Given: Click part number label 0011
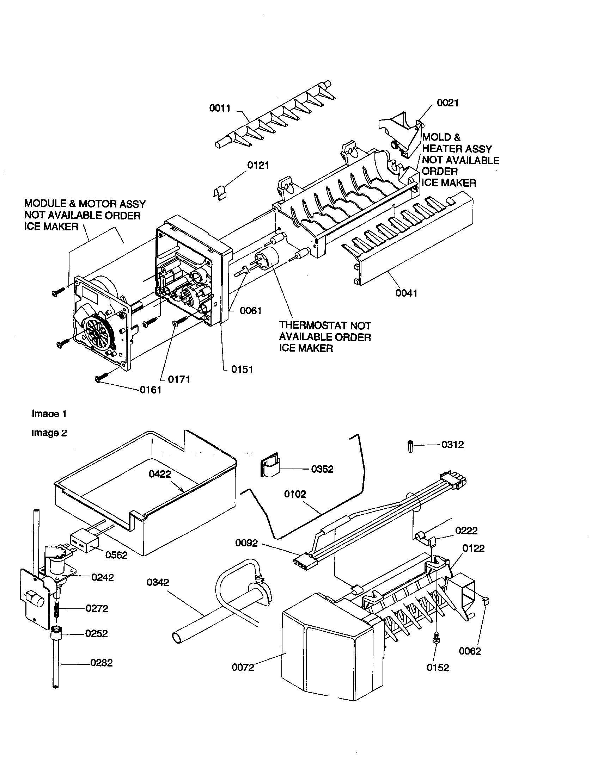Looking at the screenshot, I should [x=220, y=108].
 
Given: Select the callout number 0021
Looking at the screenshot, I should [x=447, y=103].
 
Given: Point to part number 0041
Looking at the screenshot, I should [x=407, y=293].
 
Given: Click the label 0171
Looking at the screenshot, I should [x=179, y=379].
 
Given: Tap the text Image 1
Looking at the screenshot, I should [x=49, y=414].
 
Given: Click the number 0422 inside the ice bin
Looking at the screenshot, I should [x=160, y=474].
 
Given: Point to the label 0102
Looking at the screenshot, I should [x=295, y=494].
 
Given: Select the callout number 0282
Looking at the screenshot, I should [x=102, y=663].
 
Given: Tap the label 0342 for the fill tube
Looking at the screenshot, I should [x=158, y=582].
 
